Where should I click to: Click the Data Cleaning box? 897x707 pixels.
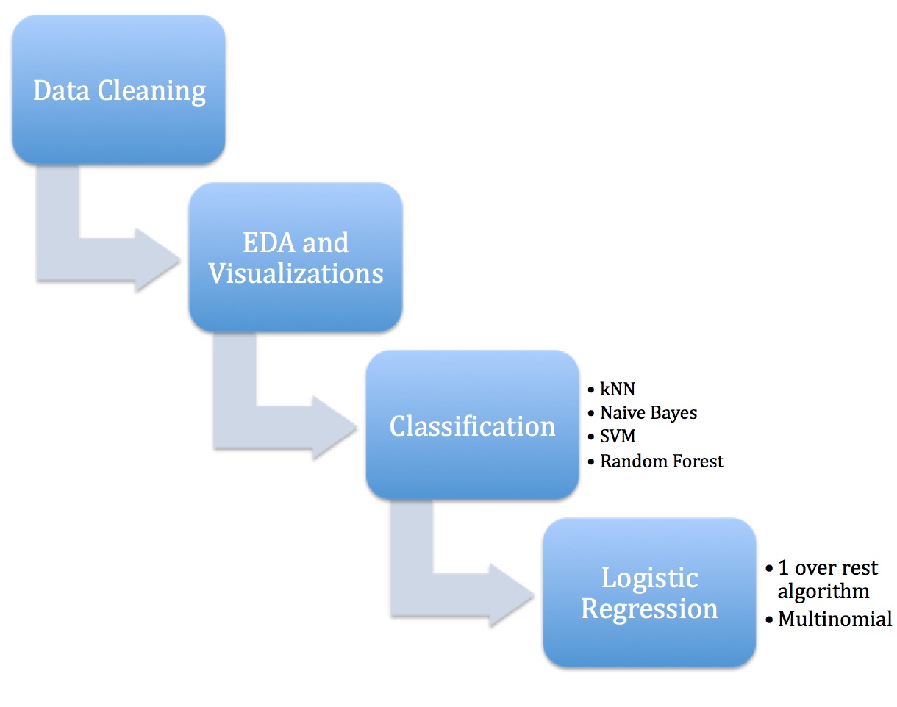point(118,90)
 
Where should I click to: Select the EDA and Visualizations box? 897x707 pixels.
point(296,257)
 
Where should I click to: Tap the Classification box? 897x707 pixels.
point(472,426)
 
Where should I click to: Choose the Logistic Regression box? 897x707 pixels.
point(649,593)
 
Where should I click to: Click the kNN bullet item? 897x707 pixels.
point(617,390)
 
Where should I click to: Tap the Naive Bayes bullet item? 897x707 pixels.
point(648,413)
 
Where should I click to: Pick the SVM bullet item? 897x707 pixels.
point(618,437)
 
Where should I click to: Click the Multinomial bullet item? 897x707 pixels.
point(835,619)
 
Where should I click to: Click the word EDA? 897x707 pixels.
point(266,242)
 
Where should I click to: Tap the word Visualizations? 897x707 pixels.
point(296,273)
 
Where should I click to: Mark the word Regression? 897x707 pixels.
point(649,609)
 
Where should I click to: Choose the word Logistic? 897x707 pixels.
point(649,578)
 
